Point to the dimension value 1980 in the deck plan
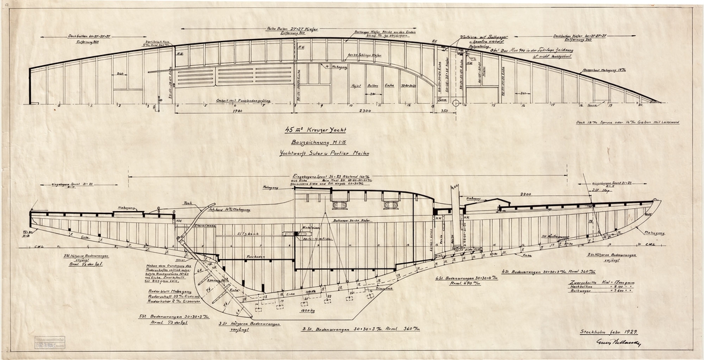[x=237, y=110]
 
